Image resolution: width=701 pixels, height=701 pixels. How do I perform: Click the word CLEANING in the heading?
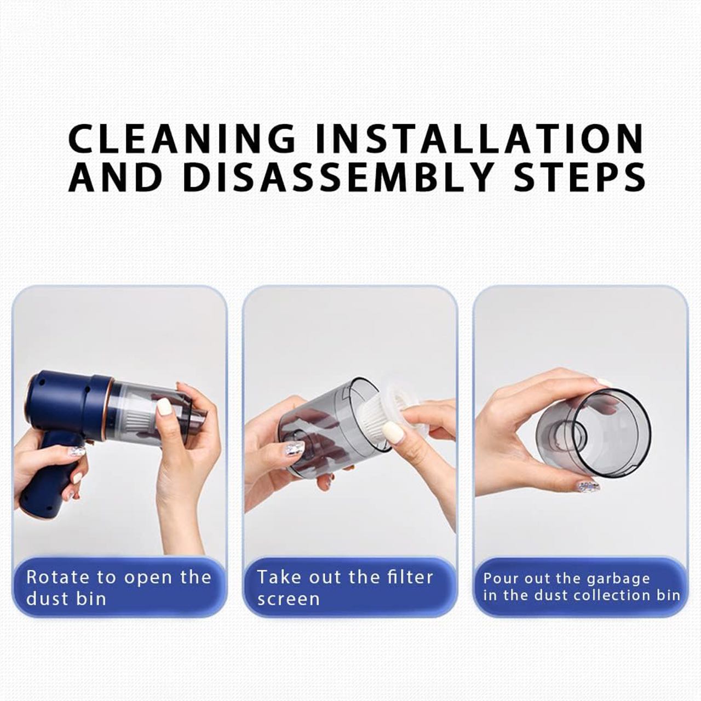pos(181,139)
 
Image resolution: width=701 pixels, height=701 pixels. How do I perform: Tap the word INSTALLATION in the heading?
pos(480,139)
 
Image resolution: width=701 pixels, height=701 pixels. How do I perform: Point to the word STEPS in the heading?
pos(580,177)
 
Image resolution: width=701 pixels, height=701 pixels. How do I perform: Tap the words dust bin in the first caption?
pos(66,599)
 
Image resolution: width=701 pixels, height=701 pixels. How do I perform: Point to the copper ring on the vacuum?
pos(108,409)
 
